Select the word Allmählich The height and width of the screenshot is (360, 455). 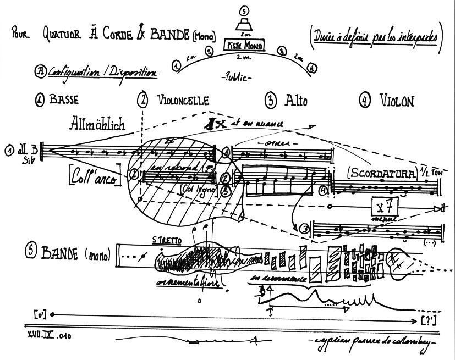click(97, 124)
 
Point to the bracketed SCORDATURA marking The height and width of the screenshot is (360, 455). click(380, 173)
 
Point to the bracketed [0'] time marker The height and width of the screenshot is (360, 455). click(39, 314)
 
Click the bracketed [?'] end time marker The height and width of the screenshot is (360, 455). click(429, 320)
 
